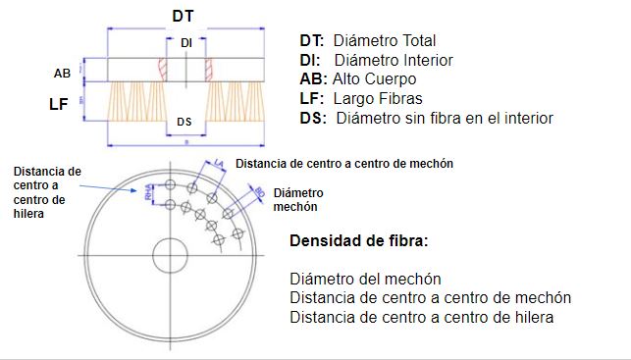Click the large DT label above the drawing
tap(183, 16)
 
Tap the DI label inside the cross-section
tap(186, 43)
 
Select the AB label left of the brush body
tap(61, 74)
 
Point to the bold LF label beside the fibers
tap(58, 102)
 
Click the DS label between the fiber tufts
tap(185, 123)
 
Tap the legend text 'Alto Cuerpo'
tap(375, 79)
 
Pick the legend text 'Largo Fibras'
tap(379, 98)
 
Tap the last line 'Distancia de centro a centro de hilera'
tap(422, 317)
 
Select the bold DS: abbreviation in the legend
tap(315, 118)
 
